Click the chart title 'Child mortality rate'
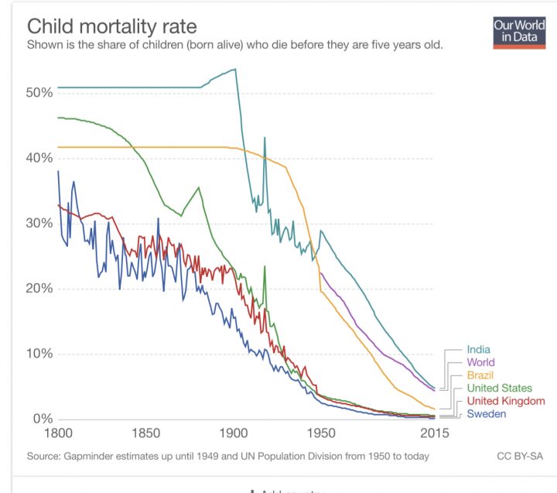tap(112, 26)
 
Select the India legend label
tap(478, 350)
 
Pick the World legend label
tap(480, 362)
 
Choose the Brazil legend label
tap(480, 375)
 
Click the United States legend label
tap(499, 388)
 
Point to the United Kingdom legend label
tap(506, 401)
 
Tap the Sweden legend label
tap(486, 414)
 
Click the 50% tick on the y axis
tap(39, 93)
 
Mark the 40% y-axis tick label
tap(39, 158)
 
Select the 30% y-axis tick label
tap(39, 224)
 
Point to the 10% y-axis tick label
tap(39, 354)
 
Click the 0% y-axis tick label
tap(42, 419)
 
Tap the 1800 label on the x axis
tap(58, 433)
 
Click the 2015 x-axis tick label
tap(436, 433)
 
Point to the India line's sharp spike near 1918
tap(265, 139)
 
